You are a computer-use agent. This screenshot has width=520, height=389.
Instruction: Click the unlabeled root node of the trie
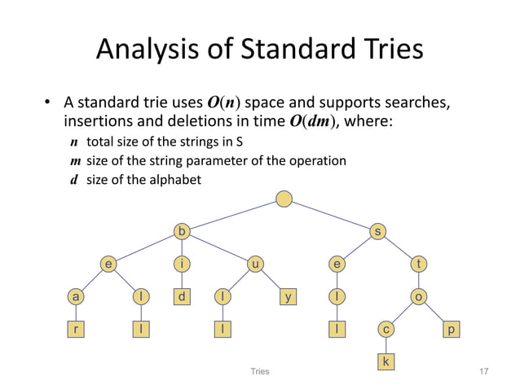pos(283,199)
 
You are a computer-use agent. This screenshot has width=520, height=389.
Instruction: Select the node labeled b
pos(183,232)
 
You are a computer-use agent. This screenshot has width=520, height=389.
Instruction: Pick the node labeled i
pos(183,264)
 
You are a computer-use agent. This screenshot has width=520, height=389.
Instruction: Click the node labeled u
pos(255,264)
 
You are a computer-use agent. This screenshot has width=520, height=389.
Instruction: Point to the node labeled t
pos(419,264)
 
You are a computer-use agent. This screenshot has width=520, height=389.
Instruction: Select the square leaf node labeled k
pos(386,360)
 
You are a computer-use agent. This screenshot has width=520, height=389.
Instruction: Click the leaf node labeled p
pos(452,329)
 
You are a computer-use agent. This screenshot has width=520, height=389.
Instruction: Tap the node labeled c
pos(386,329)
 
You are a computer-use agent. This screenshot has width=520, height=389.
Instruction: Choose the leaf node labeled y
pos(288,297)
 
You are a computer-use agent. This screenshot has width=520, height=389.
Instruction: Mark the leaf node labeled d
pos(183,297)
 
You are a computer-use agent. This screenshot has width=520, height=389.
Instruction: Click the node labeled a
pos(75,297)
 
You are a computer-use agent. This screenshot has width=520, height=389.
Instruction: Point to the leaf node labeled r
pos(75,329)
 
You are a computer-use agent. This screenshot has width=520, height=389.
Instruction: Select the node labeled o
pos(419,297)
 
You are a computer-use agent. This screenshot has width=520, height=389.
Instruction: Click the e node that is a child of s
pos(336,264)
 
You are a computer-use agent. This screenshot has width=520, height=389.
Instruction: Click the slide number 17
pos(485,371)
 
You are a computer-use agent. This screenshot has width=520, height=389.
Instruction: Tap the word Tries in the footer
pos(259,371)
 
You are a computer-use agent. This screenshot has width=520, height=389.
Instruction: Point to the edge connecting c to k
pos(386,344)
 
